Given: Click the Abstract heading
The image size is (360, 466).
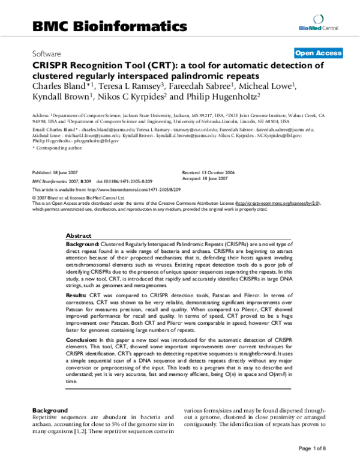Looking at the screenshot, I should [79, 237].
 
